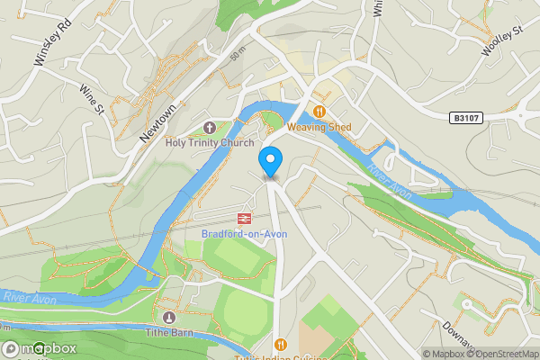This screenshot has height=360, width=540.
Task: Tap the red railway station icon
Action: click(243, 218)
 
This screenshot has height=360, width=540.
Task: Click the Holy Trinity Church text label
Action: click(210, 142)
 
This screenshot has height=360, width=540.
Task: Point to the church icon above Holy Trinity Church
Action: click(210, 127)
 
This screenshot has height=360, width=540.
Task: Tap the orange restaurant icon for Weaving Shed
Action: click(318, 112)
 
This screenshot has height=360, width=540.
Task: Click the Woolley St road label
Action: click(501, 42)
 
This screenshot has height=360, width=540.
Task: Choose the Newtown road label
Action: click(156, 121)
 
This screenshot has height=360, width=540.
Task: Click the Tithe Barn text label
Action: click(169, 332)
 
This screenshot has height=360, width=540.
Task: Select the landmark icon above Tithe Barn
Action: click(169, 317)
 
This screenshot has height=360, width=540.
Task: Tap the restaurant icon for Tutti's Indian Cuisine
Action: click(280, 345)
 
